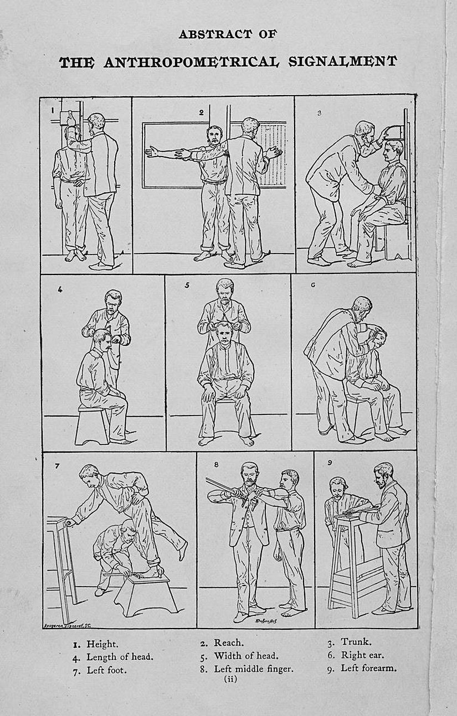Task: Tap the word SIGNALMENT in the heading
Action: pos(342,61)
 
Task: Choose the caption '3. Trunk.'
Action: pos(349,642)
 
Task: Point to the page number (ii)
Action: pos(230,679)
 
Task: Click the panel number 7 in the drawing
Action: pos(57,465)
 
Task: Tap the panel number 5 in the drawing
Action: pos(187,286)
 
